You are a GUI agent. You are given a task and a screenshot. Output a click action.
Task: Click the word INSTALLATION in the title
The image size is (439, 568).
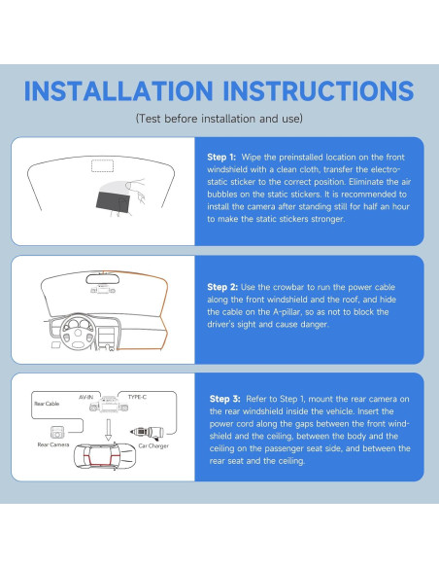118,90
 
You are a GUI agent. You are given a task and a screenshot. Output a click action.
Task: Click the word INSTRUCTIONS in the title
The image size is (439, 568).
319,90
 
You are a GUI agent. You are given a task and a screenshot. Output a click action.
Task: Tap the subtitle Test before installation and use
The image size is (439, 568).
219,119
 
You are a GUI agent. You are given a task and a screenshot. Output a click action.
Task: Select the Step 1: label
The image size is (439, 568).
221,158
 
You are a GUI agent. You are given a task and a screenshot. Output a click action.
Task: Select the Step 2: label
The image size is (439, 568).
222,287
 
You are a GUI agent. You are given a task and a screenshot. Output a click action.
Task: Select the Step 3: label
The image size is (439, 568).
225,399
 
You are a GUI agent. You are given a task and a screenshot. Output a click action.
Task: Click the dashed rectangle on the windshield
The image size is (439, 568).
102,165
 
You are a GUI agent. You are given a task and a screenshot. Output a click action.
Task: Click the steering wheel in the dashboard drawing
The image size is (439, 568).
78,332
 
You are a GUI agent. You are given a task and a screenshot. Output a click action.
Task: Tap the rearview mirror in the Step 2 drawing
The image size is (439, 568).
102,279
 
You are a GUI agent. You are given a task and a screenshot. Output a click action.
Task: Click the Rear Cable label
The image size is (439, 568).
47,404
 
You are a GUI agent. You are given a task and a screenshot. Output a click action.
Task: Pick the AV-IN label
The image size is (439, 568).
85,397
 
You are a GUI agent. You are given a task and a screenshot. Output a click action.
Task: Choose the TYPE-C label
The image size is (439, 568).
137,397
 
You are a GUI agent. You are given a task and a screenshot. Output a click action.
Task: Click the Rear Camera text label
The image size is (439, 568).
53,444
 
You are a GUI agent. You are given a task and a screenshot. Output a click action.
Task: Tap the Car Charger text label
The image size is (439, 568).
153,445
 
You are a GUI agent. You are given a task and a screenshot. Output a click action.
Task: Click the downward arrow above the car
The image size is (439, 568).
108,430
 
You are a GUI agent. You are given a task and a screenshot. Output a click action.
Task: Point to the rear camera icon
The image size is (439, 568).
56,432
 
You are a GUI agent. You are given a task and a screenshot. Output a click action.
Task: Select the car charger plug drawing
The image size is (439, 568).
147,432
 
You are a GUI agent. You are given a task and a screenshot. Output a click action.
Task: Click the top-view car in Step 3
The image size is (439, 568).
105,456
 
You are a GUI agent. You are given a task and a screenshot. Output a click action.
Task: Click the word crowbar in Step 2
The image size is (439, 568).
288,287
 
